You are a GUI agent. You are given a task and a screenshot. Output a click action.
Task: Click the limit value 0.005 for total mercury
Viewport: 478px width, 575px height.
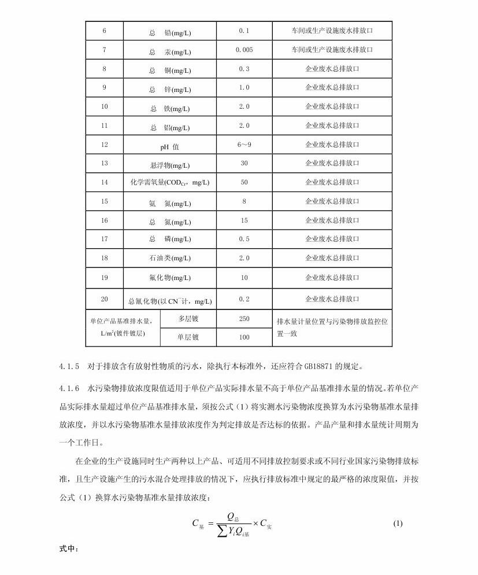(x=244, y=50)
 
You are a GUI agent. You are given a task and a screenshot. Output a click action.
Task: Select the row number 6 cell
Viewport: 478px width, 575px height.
(x=105, y=31)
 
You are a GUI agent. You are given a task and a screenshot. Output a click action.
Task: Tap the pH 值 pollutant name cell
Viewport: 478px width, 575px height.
(x=170, y=146)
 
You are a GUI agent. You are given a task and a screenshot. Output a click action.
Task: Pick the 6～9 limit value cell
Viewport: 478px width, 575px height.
(x=244, y=145)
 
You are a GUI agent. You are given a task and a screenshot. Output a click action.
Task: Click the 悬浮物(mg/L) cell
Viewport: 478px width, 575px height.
(x=170, y=165)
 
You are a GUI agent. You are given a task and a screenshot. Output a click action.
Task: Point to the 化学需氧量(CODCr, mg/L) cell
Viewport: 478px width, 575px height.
(x=170, y=183)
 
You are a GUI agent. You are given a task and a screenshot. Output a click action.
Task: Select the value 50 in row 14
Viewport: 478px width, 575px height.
(x=244, y=182)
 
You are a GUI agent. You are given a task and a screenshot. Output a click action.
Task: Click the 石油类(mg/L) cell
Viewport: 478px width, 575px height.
(x=170, y=259)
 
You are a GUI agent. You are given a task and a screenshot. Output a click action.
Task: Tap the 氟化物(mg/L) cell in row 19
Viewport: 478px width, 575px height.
(x=170, y=278)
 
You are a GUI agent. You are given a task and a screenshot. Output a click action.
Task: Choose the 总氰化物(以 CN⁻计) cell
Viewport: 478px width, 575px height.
(x=170, y=301)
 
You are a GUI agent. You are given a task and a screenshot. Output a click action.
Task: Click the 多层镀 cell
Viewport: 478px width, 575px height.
(x=188, y=319)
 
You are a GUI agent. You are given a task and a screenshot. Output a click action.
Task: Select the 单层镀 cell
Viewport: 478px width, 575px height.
(x=188, y=337)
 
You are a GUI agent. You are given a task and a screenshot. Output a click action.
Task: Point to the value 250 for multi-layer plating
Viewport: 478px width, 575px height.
(x=244, y=319)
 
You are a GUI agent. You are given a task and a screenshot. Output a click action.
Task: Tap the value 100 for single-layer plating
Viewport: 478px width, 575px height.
(x=244, y=337)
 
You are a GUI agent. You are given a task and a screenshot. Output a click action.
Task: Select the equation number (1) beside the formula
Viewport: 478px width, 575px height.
(x=398, y=524)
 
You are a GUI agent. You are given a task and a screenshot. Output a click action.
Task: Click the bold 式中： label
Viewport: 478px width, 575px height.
(x=69, y=549)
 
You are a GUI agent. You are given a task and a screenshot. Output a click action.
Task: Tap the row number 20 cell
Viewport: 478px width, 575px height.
(x=105, y=299)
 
